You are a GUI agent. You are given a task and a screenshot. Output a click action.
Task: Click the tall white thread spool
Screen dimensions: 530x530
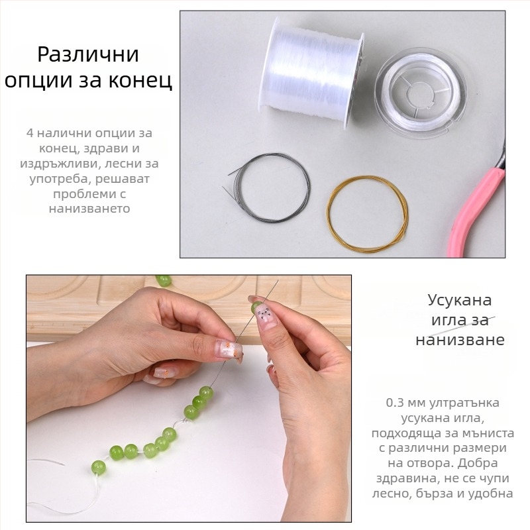[x=311, y=73]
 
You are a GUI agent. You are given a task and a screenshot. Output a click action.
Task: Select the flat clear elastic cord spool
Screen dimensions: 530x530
[x=421, y=92]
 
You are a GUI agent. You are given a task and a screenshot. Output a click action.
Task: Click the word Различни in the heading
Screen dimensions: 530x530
[x=88, y=54]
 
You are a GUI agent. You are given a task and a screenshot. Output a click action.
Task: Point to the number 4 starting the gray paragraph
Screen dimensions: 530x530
[x=30, y=133]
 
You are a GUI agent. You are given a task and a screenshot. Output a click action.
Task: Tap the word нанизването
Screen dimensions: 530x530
[x=89, y=209]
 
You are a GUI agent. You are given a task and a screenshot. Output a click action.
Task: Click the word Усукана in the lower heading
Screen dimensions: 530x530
[x=460, y=301]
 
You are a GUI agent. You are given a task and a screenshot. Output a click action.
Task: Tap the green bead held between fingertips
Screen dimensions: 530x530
[x=256, y=307]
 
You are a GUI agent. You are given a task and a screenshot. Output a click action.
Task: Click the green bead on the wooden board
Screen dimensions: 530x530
[x=164, y=280]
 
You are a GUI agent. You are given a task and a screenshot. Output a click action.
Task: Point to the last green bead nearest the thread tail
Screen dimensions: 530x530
[x=98, y=467]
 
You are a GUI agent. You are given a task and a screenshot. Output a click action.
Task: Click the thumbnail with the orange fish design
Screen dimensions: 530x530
[x=230, y=349]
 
